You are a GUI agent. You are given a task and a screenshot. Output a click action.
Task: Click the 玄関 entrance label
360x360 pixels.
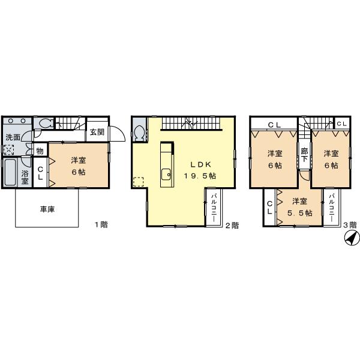coord(97,132)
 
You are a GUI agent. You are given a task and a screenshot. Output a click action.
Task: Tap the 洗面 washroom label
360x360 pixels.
coord(12,137)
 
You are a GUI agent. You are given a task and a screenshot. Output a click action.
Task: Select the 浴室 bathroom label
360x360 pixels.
coord(25,178)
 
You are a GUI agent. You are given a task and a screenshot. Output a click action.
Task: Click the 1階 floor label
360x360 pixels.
coord(101,225)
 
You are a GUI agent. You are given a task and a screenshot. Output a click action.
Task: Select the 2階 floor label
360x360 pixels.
coord(232,226)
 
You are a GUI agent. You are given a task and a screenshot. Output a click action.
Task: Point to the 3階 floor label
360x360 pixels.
coord(349,226)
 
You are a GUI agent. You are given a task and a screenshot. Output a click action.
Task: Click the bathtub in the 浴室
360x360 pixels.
coord(10,174)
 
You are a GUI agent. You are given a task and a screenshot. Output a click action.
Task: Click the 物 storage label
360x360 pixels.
coord(39,151)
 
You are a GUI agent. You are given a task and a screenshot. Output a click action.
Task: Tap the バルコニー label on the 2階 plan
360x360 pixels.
coord(214,208)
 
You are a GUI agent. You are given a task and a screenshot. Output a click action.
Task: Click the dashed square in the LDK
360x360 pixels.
coord(139,182)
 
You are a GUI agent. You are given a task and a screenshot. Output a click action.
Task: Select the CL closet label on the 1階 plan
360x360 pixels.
coord(40,173)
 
